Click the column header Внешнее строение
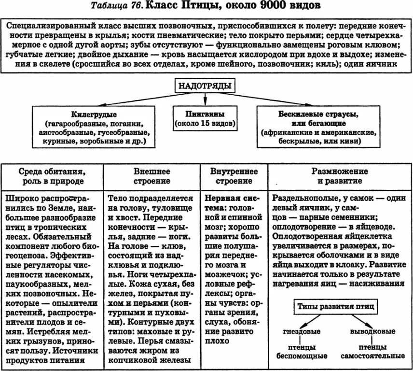152,176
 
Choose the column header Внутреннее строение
234,176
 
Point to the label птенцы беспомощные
302,352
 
